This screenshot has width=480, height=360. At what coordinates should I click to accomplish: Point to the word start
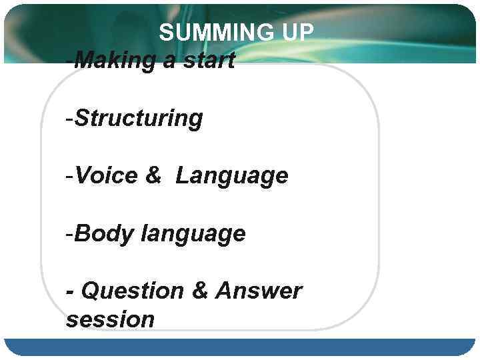pos(206,61)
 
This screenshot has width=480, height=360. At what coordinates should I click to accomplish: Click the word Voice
pos(105,176)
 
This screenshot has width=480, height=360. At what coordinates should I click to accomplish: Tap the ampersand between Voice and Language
pos(153,176)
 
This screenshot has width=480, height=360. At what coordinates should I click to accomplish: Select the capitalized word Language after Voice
pos(232,177)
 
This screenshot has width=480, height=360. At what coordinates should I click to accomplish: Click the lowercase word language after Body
pos(193,235)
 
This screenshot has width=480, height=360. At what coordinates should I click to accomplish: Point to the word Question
pos(132,291)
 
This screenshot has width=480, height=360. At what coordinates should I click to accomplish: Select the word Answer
pos(259,291)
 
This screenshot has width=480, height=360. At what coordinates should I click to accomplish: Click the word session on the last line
pos(110,319)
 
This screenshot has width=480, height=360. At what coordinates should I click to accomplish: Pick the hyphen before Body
pos(69,235)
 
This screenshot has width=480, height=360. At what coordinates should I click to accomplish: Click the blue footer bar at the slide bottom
pos(240,347)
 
